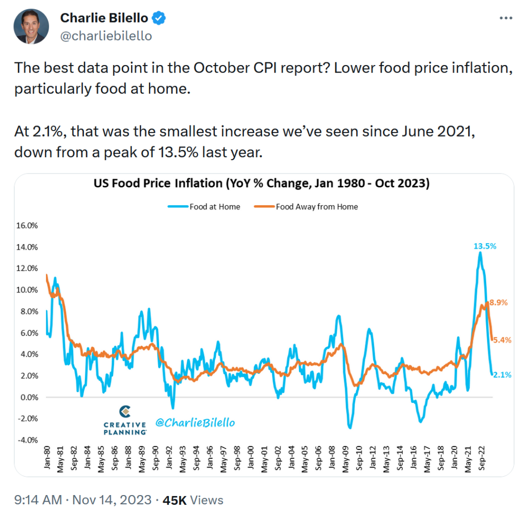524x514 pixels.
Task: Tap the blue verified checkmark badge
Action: pyautogui.click(x=160, y=18)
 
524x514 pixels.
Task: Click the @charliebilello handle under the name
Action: pyautogui.click(x=106, y=36)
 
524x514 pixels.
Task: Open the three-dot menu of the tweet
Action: pyautogui.click(x=506, y=18)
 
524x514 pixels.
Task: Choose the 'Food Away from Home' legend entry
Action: pyautogui.click(x=317, y=207)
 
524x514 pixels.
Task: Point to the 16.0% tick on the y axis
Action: pyautogui.click(x=32, y=225)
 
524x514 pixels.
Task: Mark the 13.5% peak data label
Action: pyautogui.click(x=485, y=246)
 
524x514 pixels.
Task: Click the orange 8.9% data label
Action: pyautogui.click(x=498, y=303)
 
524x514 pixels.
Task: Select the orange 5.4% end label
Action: pyautogui.click(x=501, y=340)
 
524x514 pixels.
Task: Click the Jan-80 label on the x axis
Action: pyautogui.click(x=46, y=459)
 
